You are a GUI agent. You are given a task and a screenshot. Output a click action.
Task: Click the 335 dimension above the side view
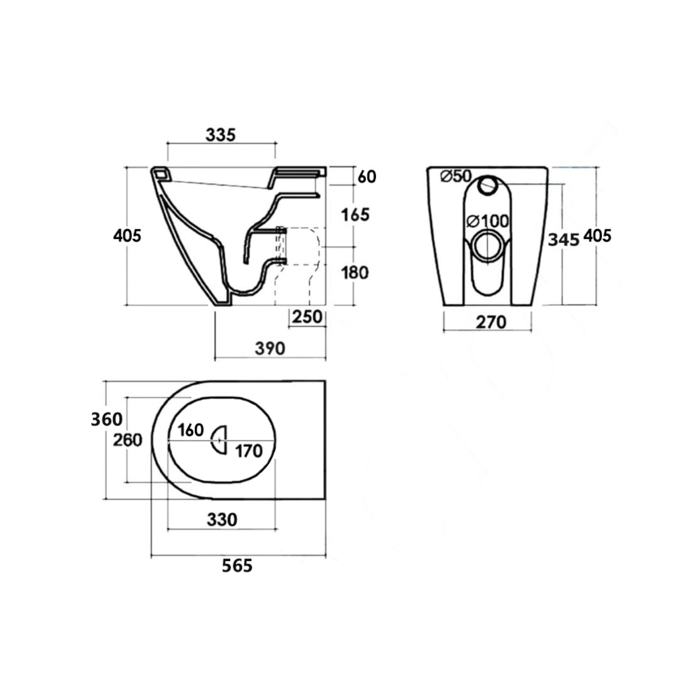click(x=220, y=135)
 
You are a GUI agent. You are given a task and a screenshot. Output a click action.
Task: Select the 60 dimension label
click(x=367, y=177)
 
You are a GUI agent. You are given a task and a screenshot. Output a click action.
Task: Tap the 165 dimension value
click(x=355, y=215)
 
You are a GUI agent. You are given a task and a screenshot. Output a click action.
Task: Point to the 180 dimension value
click(x=355, y=272)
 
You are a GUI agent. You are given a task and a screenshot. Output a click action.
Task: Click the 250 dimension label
click(x=307, y=317)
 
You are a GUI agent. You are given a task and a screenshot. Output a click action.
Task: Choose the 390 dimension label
click(x=270, y=348)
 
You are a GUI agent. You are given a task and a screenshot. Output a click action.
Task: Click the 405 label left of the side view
click(x=127, y=236)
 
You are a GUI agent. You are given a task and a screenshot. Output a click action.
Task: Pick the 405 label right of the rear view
click(x=597, y=236)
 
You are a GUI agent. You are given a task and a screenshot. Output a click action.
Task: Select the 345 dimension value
click(x=564, y=240)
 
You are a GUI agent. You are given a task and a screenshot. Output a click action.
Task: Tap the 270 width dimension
click(x=491, y=322)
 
